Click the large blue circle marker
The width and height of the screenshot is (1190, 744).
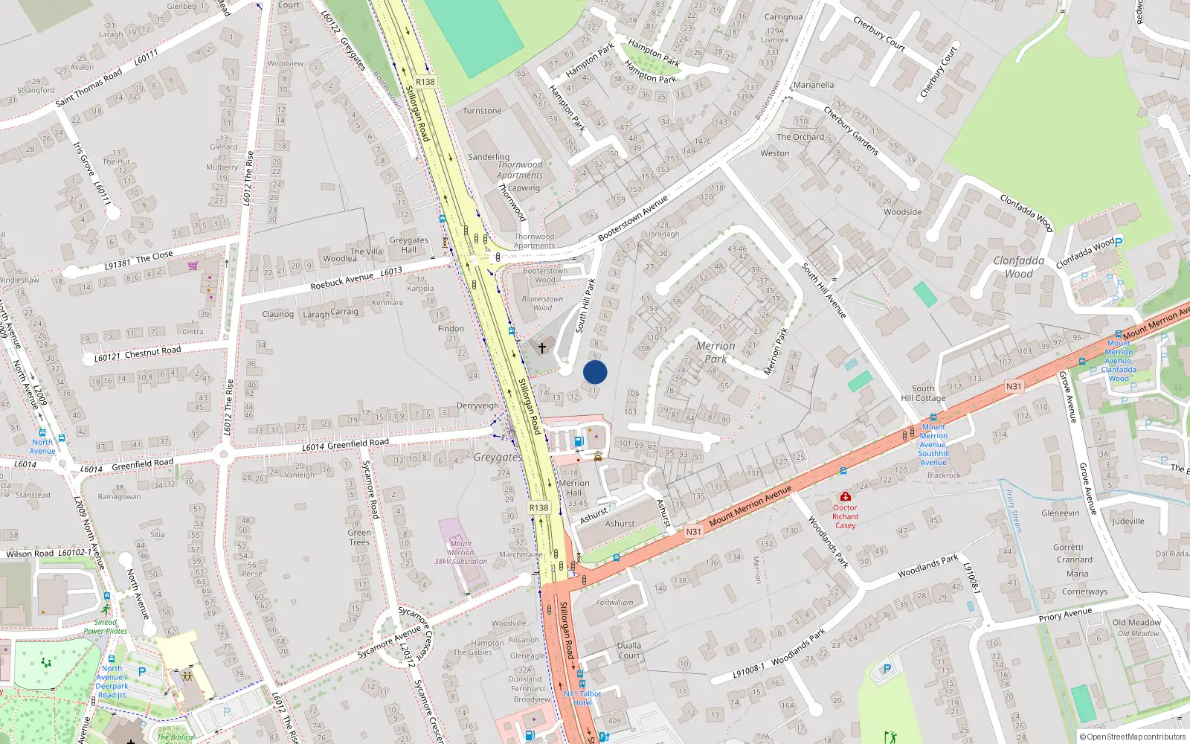595,372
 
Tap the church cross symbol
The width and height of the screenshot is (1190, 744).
542,347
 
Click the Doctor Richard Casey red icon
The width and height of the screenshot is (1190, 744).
845,496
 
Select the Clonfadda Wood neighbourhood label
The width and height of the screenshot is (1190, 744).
1019,267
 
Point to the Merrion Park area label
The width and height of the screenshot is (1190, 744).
715,352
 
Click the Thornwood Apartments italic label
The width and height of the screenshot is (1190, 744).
520,170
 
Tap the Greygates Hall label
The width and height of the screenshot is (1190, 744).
409,245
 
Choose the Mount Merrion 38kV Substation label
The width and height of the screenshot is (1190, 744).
461,552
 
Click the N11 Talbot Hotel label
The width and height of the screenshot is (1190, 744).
582,698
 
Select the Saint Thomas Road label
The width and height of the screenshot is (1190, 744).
89,88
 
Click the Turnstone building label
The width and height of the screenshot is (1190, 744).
482,111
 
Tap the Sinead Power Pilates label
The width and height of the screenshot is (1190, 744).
106,626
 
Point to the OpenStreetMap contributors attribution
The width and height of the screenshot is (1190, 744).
1132,737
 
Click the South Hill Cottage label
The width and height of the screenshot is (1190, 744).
923,393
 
